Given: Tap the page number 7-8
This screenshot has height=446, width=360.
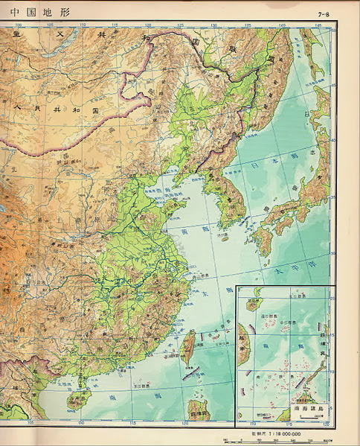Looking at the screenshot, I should (323, 14).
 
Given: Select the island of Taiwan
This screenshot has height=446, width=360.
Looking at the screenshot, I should (188, 349).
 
